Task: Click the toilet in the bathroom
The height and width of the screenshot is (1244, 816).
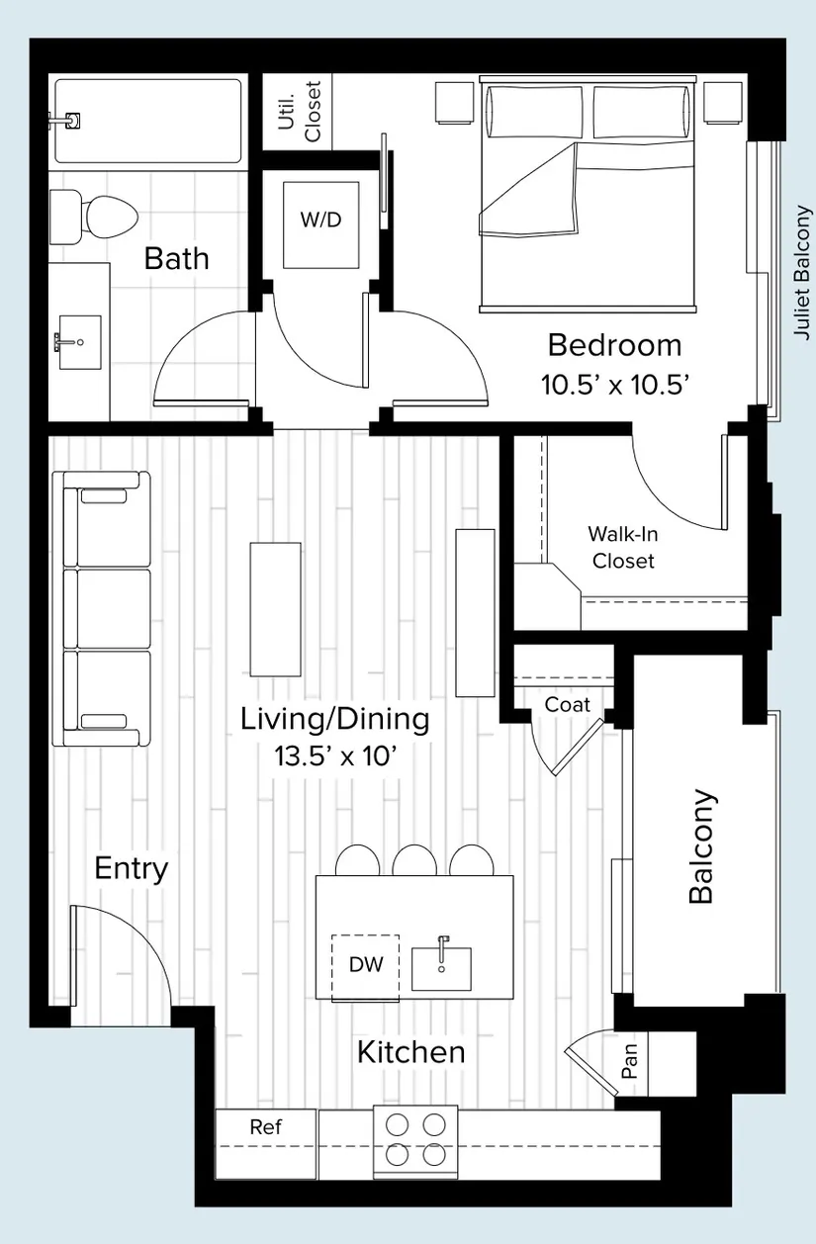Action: click(93, 218)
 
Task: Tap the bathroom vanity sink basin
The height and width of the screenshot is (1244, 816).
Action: click(80, 342)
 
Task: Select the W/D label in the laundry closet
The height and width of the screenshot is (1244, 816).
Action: click(321, 220)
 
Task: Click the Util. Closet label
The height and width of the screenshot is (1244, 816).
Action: click(300, 112)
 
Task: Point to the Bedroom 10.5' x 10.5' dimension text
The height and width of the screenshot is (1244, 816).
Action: click(615, 385)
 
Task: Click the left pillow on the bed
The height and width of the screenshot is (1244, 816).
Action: click(534, 111)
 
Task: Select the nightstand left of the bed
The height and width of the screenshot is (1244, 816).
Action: click(454, 103)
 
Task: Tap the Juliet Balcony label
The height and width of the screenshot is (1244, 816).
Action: click(802, 273)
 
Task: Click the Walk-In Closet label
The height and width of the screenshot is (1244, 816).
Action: click(623, 548)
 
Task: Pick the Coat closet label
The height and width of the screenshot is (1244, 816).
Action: click(567, 705)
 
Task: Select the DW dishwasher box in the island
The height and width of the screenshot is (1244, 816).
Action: click(366, 968)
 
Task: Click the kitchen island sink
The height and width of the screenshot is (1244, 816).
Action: click(441, 968)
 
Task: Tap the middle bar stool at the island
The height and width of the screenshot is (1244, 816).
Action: click(414, 860)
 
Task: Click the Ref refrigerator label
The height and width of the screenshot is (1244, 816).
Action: click(265, 1127)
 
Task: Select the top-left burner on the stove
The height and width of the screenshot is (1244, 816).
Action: click(398, 1124)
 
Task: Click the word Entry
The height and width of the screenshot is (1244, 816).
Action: click(132, 869)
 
